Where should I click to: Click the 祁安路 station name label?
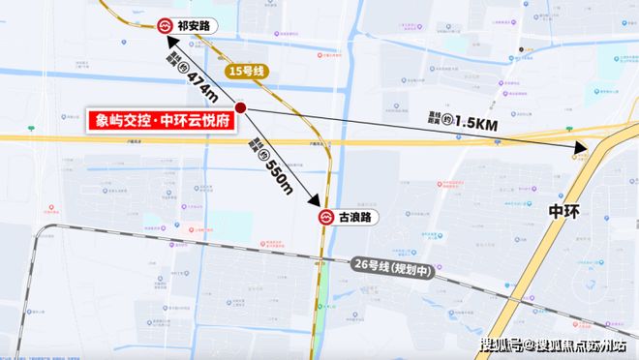click(x=200, y=25)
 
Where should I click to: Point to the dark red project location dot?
click(x=240, y=108)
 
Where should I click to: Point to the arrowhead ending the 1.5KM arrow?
click(x=583, y=148)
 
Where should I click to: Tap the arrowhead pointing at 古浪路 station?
click(x=316, y=203)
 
